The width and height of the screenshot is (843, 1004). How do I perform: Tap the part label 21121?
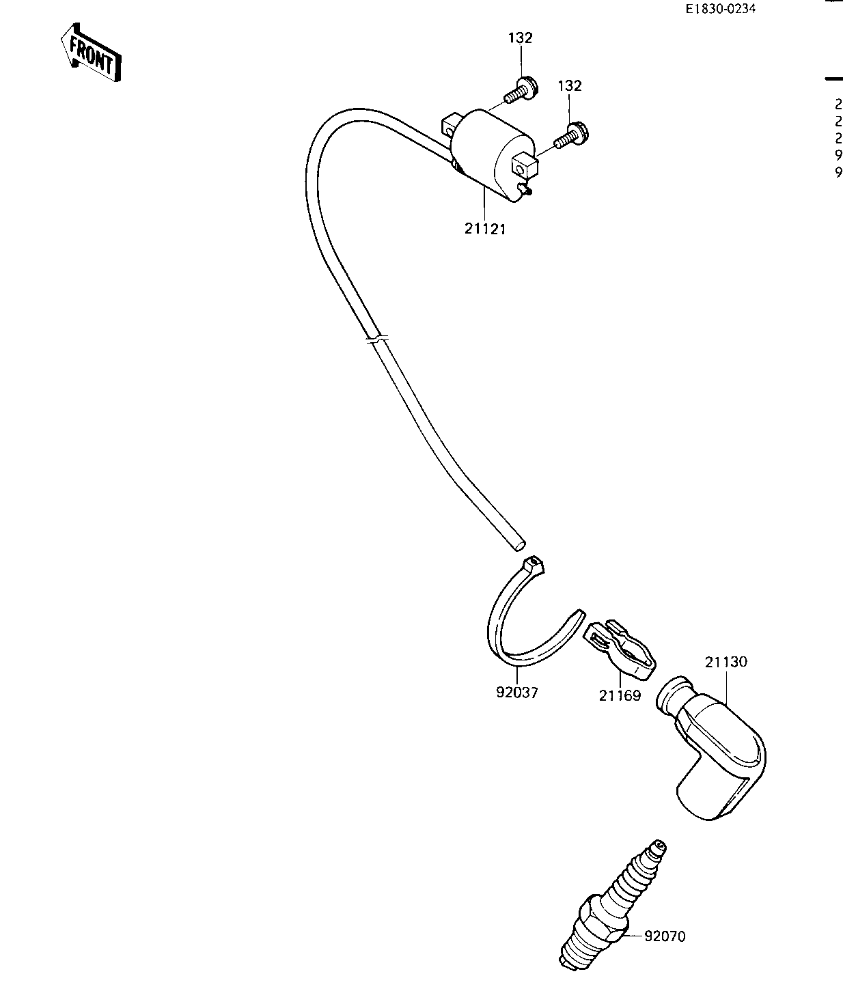pos(485,229)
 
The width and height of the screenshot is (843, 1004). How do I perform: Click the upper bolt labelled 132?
pos(520,90)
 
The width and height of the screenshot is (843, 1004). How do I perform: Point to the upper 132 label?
pos(520,38)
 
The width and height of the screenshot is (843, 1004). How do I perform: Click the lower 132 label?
pos(570,86)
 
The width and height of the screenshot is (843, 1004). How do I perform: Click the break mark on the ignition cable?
pos(376,339)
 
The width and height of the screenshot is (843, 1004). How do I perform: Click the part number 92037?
pos(517,693)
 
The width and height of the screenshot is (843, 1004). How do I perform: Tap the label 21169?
pos(620,696)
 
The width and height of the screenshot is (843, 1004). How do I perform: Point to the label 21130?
pos(726,662)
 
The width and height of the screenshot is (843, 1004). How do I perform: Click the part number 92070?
pos(664,936)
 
